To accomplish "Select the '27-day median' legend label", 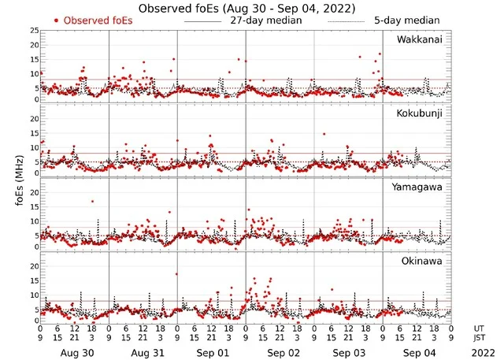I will click(x=265, y=20).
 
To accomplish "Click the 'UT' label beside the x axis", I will click(x=478, y=328).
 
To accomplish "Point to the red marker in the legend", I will click(x=57, y=20).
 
